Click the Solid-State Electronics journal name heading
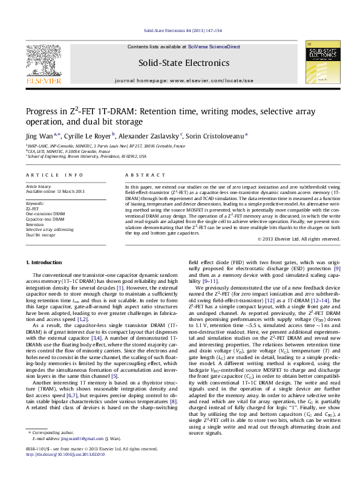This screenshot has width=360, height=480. pyautogui.click(x=184, y=63)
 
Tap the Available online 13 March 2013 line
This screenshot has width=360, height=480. pyautogui.click(x=55, y=192)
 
